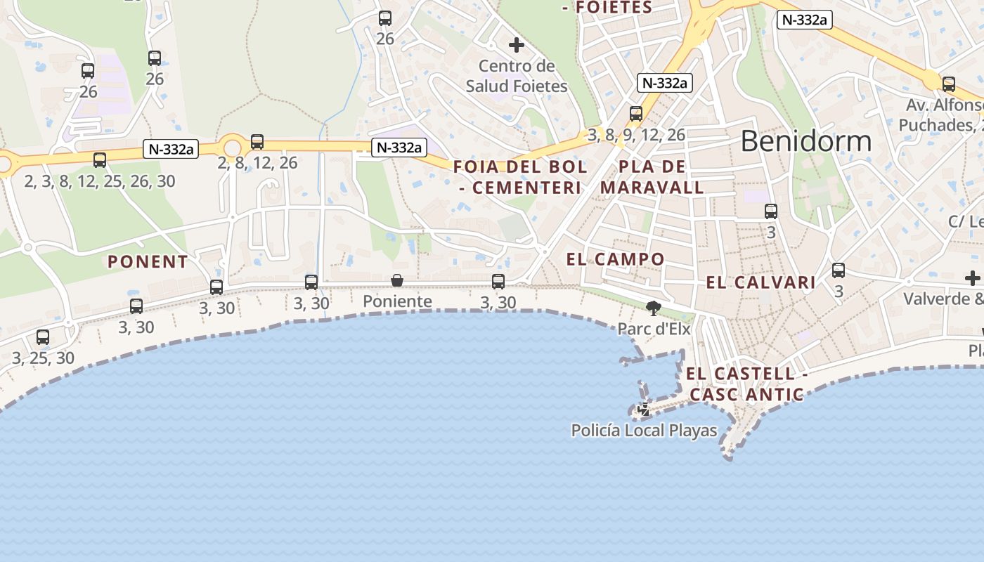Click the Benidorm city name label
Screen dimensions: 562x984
coord(805,141)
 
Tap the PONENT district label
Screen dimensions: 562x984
coord(148,262)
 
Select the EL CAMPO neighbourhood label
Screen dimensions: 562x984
coord(615,259)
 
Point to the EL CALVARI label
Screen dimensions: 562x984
coord(760,282)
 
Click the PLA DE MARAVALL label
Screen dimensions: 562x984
coord(652,177)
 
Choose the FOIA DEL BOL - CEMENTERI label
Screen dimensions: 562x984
coord(520,177)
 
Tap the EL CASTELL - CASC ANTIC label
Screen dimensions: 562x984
coord(746,384)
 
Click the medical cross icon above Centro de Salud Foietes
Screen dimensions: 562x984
coord(517,45)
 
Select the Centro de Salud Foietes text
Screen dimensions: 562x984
coord(517,76)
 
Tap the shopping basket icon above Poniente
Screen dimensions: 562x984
coord(397,280)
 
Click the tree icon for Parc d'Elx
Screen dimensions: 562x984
coord(654,308)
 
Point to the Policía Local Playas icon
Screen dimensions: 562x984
coord(643,409)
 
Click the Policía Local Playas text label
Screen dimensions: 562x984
coord(644,431)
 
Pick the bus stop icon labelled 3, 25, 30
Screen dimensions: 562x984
coord(43,337)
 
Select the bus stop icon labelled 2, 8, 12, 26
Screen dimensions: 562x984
coord(257,142)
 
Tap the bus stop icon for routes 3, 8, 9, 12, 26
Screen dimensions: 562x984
coord(636,113)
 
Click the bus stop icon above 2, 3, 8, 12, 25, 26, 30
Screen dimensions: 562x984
coord(100,160)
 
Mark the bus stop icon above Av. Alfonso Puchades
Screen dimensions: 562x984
coord(949,84)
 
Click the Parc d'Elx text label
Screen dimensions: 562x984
coord(654,329)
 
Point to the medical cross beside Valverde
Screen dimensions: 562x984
coord(973,278)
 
